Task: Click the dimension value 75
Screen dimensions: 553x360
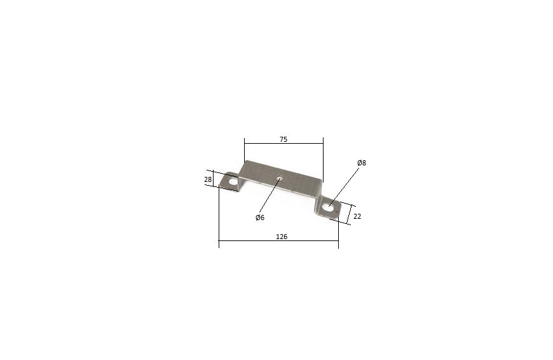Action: pyautogui.click(x=283, y=139)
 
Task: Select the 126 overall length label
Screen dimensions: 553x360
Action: pyautogui.click(x=282, y=237)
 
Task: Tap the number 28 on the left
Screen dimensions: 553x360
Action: pyautogui.click(x=208, y=179)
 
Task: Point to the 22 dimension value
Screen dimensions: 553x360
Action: pyautogui.click(x=357, y=216)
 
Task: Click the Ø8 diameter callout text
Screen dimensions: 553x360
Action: pyautogui.click(x=362, y=163)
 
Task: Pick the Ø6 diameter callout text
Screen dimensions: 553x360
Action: pyautogui.click(x=260, y=218)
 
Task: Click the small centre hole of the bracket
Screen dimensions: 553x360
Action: pyautogui.click(x=279, y=178)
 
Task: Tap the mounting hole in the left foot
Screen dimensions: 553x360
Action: pyautogui.click(x=233, y=182)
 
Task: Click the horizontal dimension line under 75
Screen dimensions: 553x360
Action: pyautogui.click(x=284, y=143)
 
